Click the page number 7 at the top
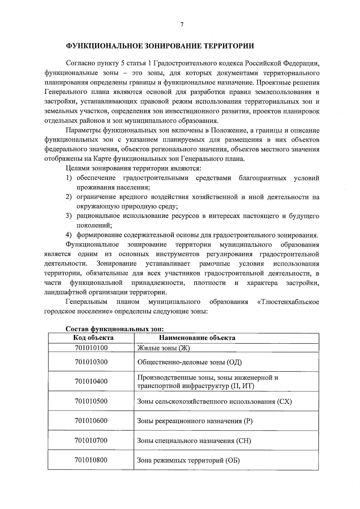pos(182,25)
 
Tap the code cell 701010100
pos(91,348)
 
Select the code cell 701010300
pos(91,362)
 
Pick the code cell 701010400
pos(91,381)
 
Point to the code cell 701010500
pos(91,401)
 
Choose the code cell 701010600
pos(91,420)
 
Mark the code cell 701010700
pos(91,440)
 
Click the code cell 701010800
pos(91,460)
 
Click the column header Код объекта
pos(93,338)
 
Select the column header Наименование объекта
pos(197,338)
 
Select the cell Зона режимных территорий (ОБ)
pos(188,460)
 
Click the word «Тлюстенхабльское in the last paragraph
pos(288,302)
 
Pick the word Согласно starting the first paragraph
pos(79,64)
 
